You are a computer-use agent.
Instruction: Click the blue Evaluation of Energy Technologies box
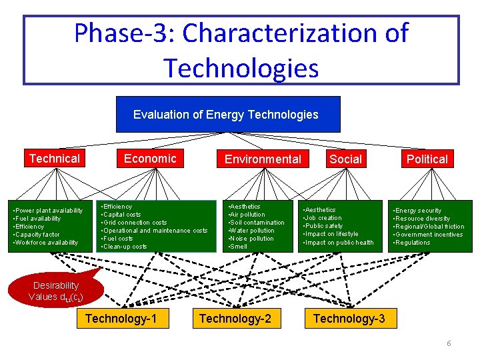pyautogui.click(x=227, y=114)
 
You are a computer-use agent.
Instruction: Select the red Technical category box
pyautogui.click(x=54, y=159)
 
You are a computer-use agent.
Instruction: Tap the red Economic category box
pyautogui.click(x=151, y=159)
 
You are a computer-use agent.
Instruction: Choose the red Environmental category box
pyautogui.click(x=263, y=159)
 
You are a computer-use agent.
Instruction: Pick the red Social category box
pyautogui.click(x=345, y=159)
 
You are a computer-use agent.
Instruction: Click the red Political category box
pyautogui.click(x=427, y=159)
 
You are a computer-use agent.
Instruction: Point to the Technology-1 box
pyautogui.click(x=121, y=319)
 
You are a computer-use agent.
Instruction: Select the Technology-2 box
pyautogui.click(x=235, y=319)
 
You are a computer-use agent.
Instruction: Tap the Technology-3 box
pyautogui.click(x=349, y=319)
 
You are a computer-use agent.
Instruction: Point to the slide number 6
pyautogui.click(x=449, y=343)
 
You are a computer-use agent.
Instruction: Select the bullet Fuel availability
pyautogui.click(x=39, y=219)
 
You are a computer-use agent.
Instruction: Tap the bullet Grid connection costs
pyautogui.click(x=135, y=223)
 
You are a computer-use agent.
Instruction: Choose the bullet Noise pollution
pyautogui.click(x=251, y=239)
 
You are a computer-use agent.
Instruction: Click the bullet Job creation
pyautogui.click(x=324, y=218)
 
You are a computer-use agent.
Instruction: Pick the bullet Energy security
pyautogui.click(x=418, y=211)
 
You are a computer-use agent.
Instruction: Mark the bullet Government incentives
pyautogui.click(x=429, y=235)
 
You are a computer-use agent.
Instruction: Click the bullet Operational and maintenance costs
pyautogui.click(x=155, y=231)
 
